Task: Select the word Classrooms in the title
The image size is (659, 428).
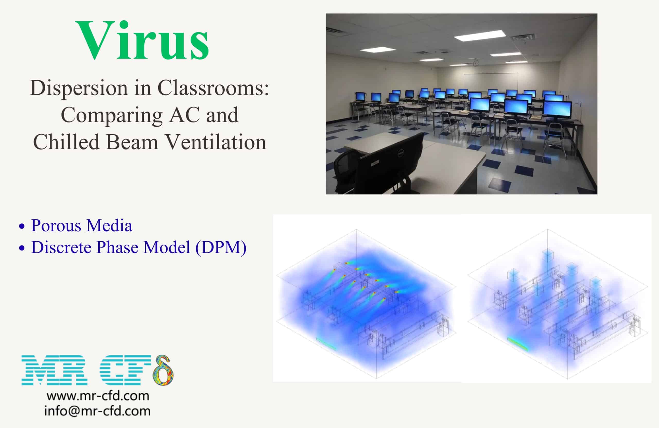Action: (x=213, y=88)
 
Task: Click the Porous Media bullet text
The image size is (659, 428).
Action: (x=82, y=225)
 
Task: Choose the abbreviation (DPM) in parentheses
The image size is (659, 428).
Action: (x=221, y=247)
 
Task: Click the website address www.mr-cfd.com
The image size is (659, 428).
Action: (x=98, y=396)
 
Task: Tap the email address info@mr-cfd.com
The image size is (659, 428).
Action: (x=98, y=411)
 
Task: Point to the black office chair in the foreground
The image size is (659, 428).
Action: (x=346, y=172)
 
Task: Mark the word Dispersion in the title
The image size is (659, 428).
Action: (x=79, y=88)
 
